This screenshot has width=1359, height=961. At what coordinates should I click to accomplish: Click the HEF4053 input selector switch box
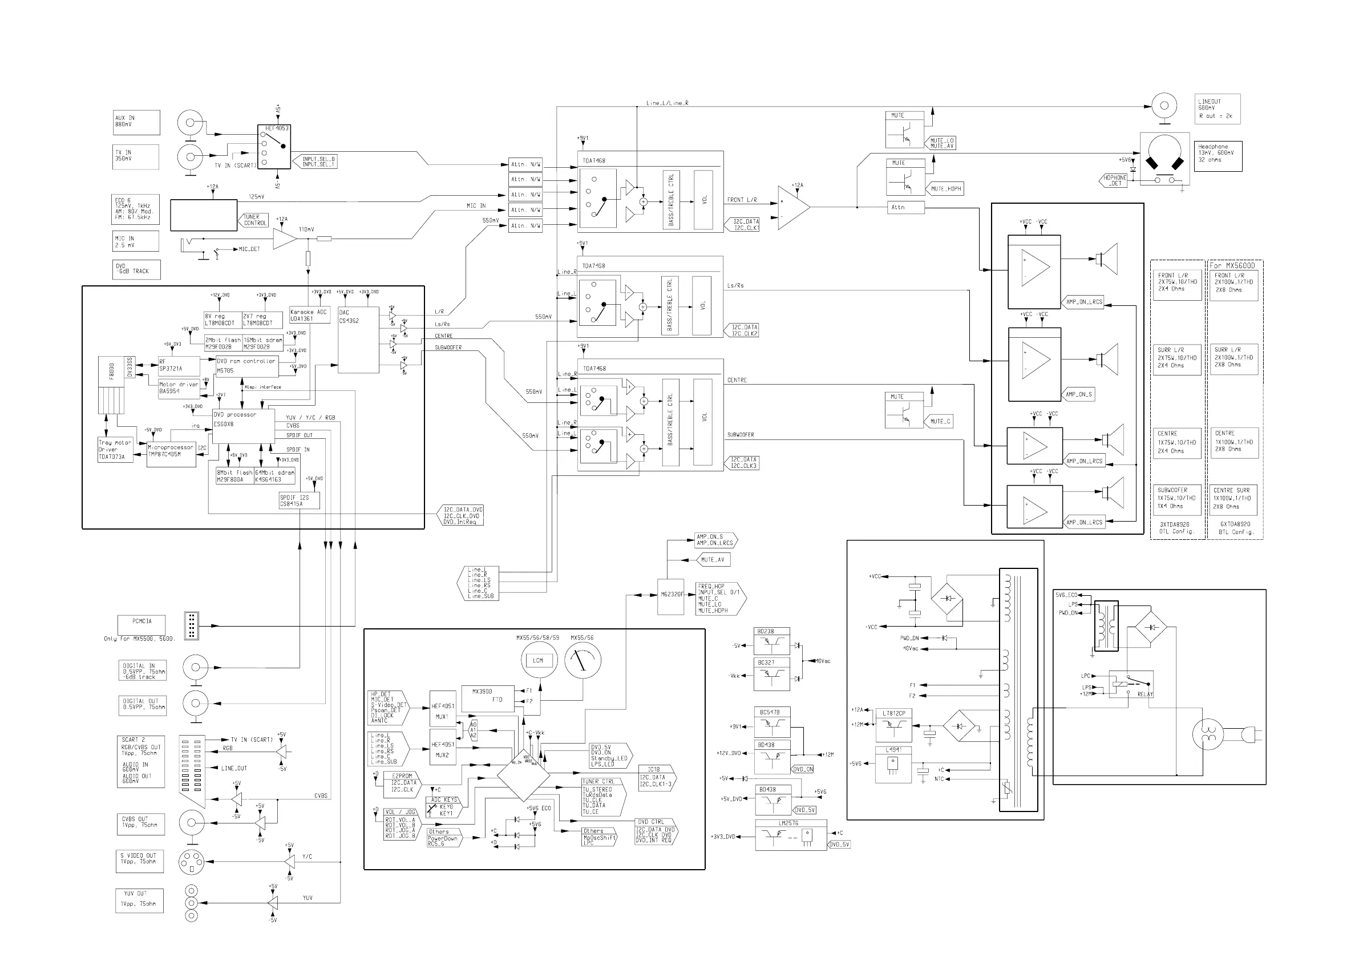(273, 146)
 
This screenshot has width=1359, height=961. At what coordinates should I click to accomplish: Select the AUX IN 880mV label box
(136, 122)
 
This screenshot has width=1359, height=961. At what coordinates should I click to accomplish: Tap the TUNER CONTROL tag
(256, 220)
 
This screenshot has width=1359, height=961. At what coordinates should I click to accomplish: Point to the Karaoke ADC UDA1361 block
(309, 315)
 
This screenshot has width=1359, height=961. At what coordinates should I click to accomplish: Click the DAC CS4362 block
(358, 340)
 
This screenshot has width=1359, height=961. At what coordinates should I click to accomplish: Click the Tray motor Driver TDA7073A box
(115, 450)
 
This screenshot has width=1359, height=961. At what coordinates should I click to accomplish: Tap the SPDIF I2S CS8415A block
(299, 501)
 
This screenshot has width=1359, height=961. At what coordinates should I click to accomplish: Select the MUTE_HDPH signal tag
(946, 189)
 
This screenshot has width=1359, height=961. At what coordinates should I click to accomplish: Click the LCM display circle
(538, 660)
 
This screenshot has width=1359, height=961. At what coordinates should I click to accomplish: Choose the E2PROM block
(402, 782)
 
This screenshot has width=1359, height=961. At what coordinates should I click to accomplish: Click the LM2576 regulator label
(788, 823)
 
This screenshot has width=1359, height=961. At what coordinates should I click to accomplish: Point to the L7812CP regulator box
(893, 725)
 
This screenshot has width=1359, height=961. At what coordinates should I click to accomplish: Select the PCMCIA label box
(141, 624)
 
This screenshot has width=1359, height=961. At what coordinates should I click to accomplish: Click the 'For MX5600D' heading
(1235, 265)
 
